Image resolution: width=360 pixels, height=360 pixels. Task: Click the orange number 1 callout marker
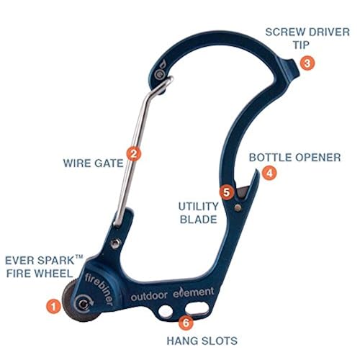[x=53, y=306]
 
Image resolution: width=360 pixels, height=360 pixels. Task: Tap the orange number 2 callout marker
[x=134, y=153]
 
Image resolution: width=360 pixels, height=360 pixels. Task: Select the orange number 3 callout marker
[x=307, y=63]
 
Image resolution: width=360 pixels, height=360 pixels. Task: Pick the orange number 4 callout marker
[x=269, y=173]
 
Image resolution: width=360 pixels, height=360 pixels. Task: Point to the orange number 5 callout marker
[x=226, y=192]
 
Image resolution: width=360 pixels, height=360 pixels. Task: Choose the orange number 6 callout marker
[x=186, y=323]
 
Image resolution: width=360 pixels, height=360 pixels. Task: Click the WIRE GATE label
[x=93, y=163]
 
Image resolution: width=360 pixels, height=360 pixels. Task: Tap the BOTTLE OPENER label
[x=295, y=158]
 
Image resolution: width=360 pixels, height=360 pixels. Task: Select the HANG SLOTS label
[x=202, y=341]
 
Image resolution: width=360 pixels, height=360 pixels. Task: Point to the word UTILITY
[x=198, y=207]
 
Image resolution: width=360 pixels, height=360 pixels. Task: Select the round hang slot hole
[x=166, y=312]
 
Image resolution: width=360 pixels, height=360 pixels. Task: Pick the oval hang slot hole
[x=197, y=308]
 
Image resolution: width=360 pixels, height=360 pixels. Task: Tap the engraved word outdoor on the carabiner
[x=149, y=296]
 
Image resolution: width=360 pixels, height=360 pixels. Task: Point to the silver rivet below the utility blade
[x=238, y=207]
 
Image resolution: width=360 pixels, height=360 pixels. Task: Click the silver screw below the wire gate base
[x=116, y=243]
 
